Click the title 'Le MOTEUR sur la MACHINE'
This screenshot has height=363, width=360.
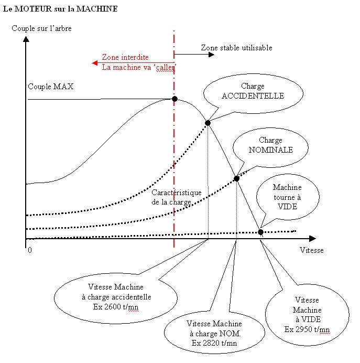point(60,9)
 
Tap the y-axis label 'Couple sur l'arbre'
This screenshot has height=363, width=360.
point(41,28)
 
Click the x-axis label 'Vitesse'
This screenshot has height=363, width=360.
point(311,250)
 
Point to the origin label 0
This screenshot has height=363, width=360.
point(30,250)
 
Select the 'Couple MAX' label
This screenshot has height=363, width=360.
point(50,87)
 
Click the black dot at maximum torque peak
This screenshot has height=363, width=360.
point(174,99)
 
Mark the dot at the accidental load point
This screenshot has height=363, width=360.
point(208,123)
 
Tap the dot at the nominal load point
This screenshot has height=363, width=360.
point(236,178)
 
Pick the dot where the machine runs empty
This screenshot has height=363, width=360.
point(261,232)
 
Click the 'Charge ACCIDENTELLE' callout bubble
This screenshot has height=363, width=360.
point(253,91)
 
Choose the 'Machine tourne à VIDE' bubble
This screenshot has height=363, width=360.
point(287,197)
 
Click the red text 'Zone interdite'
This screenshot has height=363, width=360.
point(125,57)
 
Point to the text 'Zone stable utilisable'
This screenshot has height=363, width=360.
point(236,48)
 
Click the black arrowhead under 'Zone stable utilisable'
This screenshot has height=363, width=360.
point(212,54)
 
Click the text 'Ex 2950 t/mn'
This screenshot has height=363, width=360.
point(307,329)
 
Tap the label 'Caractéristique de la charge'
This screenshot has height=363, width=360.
point(177,197)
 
